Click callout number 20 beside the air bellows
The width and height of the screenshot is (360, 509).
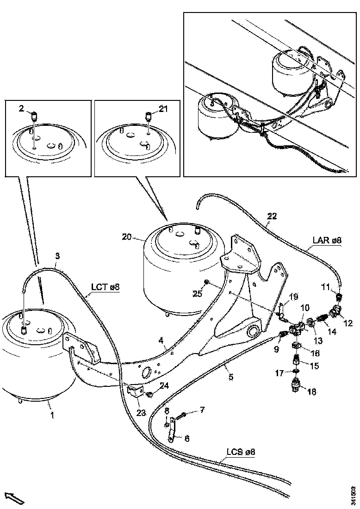point(126,237)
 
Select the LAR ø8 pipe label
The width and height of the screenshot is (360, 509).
point(326,240)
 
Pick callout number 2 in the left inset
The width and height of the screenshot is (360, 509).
point(21,109)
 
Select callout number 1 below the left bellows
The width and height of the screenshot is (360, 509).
point(52,415)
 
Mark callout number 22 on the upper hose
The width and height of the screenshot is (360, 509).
point(272,216)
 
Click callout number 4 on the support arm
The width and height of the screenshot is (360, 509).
point(161,341)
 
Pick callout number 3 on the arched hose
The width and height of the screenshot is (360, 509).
point(57,255)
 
